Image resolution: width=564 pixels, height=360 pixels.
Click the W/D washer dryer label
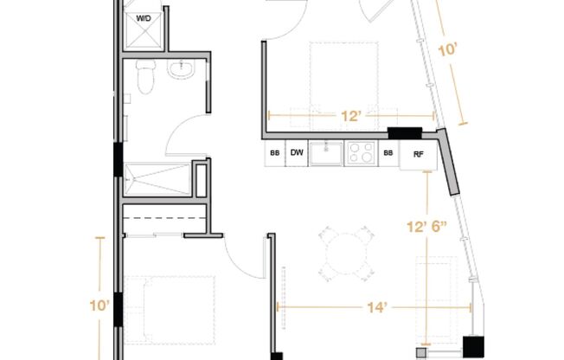tap(144, 18)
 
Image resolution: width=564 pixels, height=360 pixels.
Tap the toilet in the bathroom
tap(145, 76)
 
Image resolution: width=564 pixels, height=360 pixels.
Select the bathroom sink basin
tap(182, 68)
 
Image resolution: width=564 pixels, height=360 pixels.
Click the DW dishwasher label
tap(297, 152)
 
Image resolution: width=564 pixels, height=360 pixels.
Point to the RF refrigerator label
tap(419, 154)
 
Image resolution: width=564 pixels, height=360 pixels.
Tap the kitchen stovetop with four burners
tap(361, 153)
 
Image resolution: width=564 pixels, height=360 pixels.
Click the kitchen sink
tap(326, 153)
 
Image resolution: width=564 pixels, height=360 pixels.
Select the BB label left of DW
tap(275, 153)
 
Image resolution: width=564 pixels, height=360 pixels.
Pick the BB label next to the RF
tap(388, 153)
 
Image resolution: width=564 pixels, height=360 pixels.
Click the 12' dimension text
tap(350, 116)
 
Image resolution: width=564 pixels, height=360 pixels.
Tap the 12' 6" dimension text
tap(426, 227)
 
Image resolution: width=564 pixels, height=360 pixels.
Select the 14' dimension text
tap(377, 307)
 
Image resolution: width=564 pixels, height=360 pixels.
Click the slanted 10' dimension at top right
tap(447, 49)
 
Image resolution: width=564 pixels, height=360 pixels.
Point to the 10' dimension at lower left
tap(99, 306)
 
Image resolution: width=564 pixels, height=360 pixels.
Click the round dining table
tap(346, 254)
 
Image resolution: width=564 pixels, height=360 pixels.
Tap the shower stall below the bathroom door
tap(157, 180)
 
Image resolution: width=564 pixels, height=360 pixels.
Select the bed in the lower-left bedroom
tap(170, 310)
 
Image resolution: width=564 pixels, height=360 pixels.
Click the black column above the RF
tap(405, 133)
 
